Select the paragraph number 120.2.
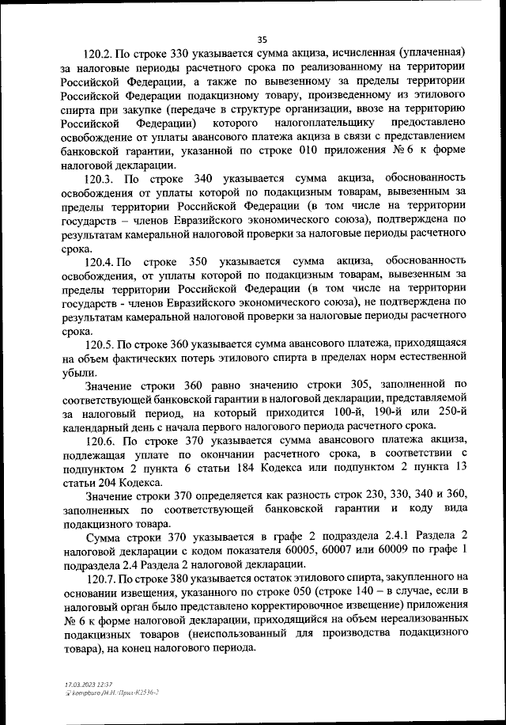tap(100, 55)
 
